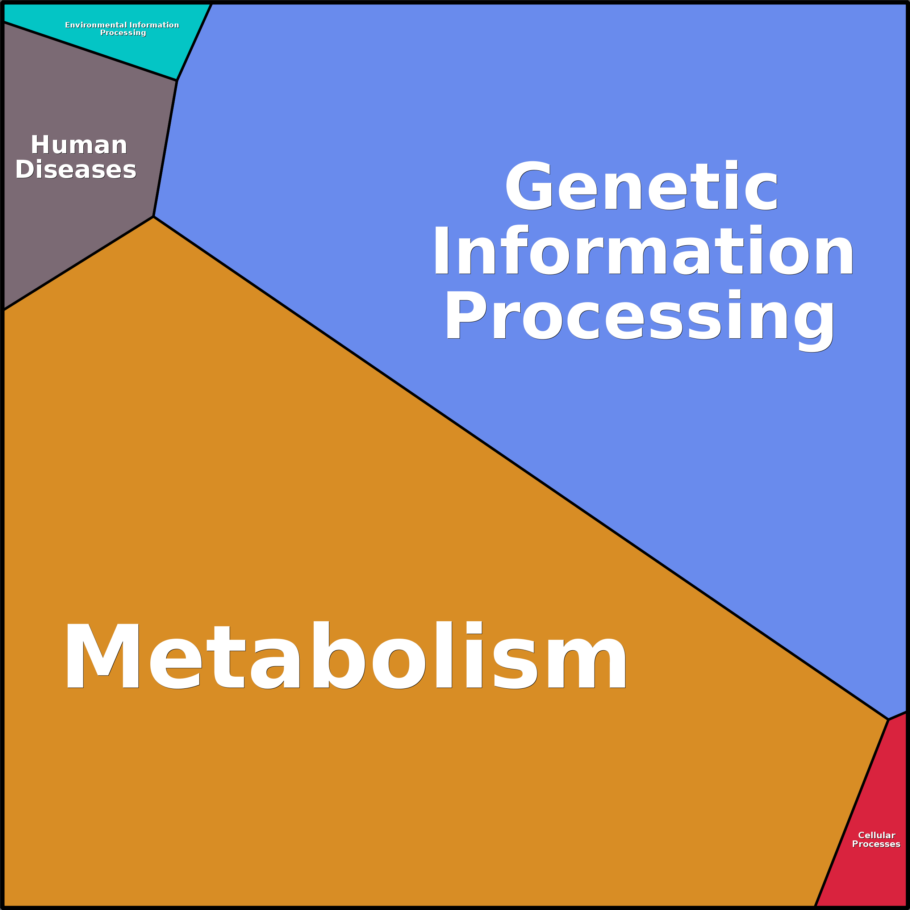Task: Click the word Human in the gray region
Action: coord(79,145)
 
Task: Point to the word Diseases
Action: coord(76,170)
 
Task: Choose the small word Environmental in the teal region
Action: coord(96,25)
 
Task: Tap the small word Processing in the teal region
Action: coord(123,33)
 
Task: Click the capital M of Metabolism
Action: coord(103,656)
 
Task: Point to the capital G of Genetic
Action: coord(529,185)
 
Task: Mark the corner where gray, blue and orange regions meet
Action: coord(154,217)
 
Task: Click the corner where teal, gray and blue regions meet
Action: coord(177,80)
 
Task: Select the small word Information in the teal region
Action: coord(154,25)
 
